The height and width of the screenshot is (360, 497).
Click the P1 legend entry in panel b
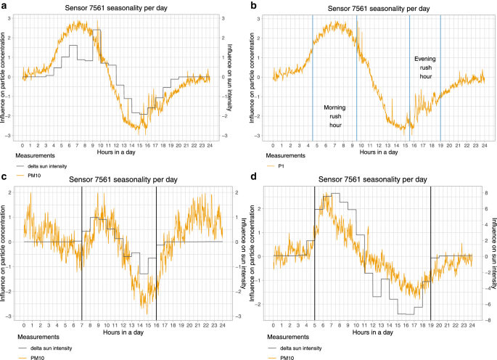282,166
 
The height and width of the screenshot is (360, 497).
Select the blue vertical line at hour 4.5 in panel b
312,73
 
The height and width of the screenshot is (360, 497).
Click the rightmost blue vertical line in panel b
440,73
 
